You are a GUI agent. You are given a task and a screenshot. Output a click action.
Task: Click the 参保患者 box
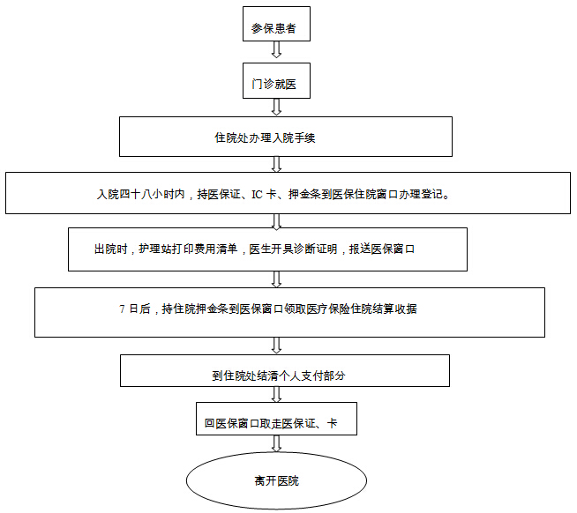pos(276,24)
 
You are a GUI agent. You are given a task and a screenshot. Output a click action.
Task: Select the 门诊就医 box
pos(276,80)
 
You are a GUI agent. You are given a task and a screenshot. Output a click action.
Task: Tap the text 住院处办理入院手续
pos(265,138)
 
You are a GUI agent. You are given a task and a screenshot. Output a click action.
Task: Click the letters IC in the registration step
pos(257,194)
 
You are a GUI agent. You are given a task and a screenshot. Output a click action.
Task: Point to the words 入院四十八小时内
pos(141,194)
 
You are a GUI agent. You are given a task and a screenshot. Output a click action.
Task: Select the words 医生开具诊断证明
pos(293,249)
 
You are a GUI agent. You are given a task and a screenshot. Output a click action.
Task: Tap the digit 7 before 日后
pos(122,309)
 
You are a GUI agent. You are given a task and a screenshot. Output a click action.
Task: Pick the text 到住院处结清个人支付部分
pos(279,375)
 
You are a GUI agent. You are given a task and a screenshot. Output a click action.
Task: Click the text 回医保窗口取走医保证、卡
pos(271,423)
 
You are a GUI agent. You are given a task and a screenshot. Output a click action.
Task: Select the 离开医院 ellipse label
pos(277,480)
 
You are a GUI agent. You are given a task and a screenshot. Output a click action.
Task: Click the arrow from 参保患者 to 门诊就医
pos(276,49)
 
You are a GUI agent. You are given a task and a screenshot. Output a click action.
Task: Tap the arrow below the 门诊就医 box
pos(276,107)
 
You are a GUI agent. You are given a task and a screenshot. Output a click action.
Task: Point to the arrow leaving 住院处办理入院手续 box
pos(276,164)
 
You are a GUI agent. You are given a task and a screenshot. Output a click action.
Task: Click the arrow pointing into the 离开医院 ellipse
pos(276,444)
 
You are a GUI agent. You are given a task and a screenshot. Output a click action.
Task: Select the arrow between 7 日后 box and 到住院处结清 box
pos(276,346)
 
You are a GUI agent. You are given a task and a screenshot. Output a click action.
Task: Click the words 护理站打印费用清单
pos(188,249)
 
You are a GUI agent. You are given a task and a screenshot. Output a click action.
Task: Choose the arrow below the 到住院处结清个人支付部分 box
pos(276,394)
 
